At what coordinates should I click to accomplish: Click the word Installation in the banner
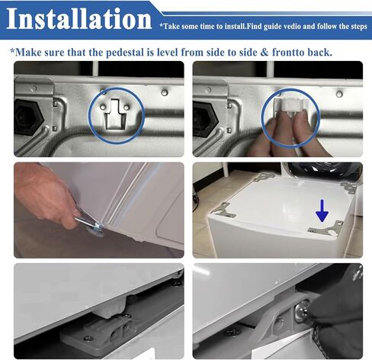click(79, 18)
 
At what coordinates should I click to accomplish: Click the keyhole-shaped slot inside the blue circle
click(116, 114)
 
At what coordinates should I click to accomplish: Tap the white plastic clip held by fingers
click(291, 105)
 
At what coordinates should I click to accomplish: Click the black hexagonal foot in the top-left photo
click(27, 117)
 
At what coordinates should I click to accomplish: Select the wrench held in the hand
click(89, 220)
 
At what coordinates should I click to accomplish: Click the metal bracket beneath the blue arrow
click(326, 228)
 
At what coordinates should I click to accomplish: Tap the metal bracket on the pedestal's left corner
click(223, 210)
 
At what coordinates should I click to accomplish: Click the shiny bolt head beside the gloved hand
click(300, 309)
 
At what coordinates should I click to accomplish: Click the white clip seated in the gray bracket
click(110, 306)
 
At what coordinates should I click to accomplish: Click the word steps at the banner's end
click(358, 27)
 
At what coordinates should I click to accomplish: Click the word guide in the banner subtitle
click(271, 27)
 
